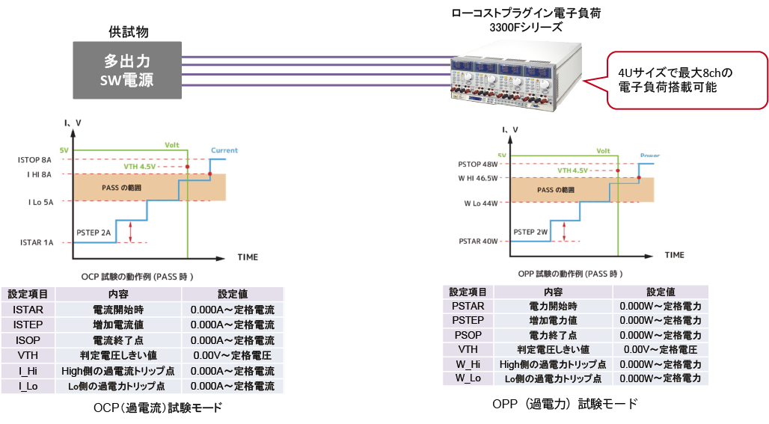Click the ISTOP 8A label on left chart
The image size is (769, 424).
point(35,160)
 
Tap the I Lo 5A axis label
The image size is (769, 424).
point(38,201)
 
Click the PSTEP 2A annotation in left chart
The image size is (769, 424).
point(94,233)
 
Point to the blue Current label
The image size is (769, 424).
point(224,150)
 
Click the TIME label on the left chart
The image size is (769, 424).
point(248,257)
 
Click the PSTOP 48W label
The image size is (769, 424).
point(478,165)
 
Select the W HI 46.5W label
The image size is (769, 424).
point(479,178)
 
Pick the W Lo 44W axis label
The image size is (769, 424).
point(481,203)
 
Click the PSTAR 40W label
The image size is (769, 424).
point(479,241)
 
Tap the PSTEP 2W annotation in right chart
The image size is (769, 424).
point(530,233)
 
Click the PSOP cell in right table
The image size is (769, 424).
point(468,335)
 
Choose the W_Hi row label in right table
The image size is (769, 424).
point(468,364)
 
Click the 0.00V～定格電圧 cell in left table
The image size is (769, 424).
point(232,356)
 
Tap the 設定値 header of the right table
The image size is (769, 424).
point(660,292)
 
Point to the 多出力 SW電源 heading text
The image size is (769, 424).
point(127,71)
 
